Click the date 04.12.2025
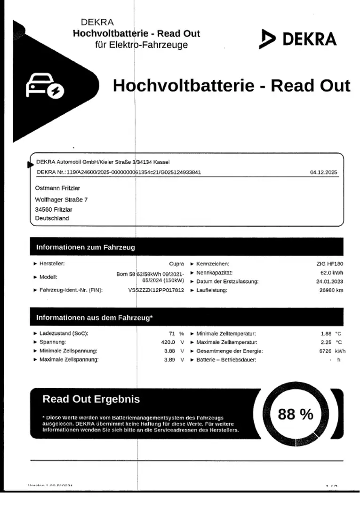[323, 172]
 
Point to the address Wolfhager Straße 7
[61, 199]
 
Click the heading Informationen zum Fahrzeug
[85, 247]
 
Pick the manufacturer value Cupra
[176, 264]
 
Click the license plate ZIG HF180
[330, 264]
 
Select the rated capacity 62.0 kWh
[332, 273]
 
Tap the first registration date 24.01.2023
[330, 282]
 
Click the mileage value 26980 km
[331, 290]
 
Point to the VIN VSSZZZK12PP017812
[156, 290]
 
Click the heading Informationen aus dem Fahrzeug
[94, 318]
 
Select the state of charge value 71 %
[176, 333]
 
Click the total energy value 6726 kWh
[332, 351]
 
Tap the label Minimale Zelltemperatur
[226, 333]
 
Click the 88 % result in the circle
[296, 414]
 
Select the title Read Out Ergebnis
[91, 399]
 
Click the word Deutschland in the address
[52, 218]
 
